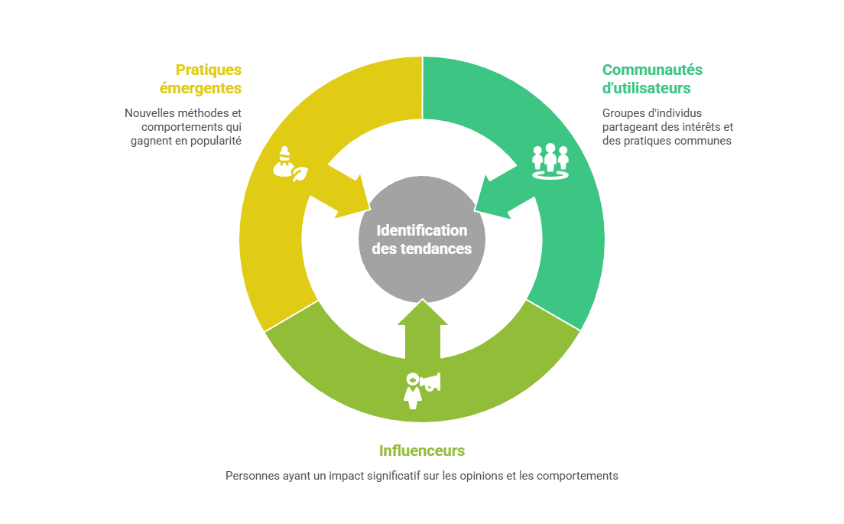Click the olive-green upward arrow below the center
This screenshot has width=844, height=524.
click(x=422, y=329)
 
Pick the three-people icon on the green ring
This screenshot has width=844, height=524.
click(x=550, y=161)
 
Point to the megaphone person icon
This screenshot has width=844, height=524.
click(x=421, y=389)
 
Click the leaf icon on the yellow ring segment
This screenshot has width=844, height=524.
click(x=300, y=173)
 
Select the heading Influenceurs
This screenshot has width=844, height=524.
click(x=422, y=451)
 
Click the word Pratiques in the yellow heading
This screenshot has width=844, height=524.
click(x=208, y=70)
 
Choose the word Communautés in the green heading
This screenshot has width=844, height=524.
click(x=652, y=70)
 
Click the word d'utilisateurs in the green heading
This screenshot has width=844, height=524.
click(x=647, y=88)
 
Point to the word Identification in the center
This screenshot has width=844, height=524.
click(x=422, y=230)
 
